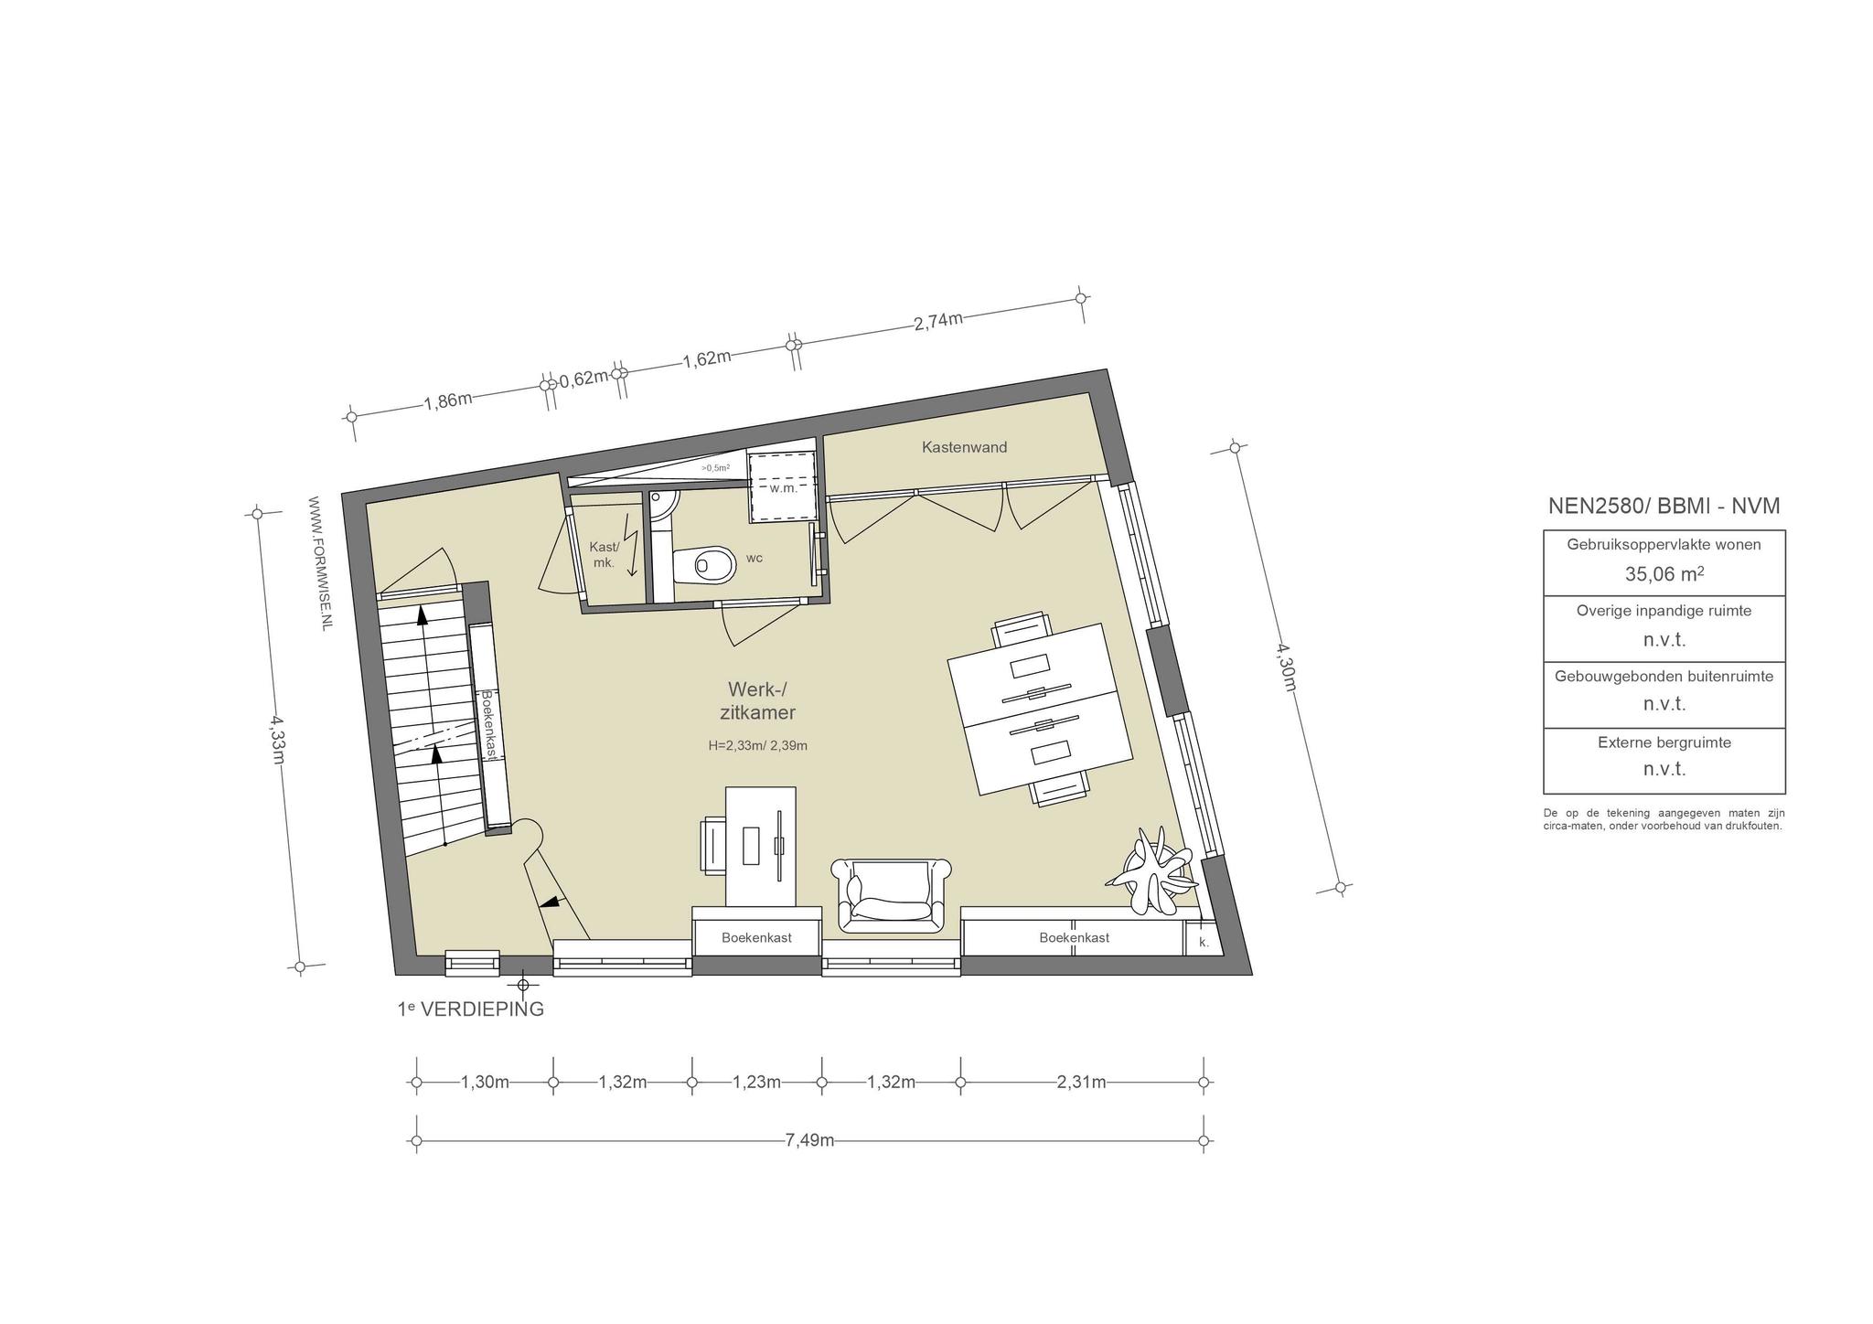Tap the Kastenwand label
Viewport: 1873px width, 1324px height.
[964, 447]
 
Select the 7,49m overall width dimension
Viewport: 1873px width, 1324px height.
[809, 1140]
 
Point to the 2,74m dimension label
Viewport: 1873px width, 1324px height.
[938, 321]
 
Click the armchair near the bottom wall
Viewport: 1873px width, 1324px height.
[891, 896]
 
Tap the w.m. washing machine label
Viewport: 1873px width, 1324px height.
[783, 487]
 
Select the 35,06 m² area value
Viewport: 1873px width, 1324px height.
[1664, 573]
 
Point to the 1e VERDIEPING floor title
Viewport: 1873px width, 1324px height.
[470, 1009]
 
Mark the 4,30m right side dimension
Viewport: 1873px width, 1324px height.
[1286, 667]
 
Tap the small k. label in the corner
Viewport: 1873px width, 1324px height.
[1204, 942]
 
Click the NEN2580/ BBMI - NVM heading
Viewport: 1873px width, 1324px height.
[1664, 506]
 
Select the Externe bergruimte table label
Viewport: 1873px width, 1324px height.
[1664, 742]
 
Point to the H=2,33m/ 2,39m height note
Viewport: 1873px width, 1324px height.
[757, 745]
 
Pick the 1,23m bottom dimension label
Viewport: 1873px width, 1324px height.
[756, 1083]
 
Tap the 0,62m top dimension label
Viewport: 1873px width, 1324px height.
[583, 378]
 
